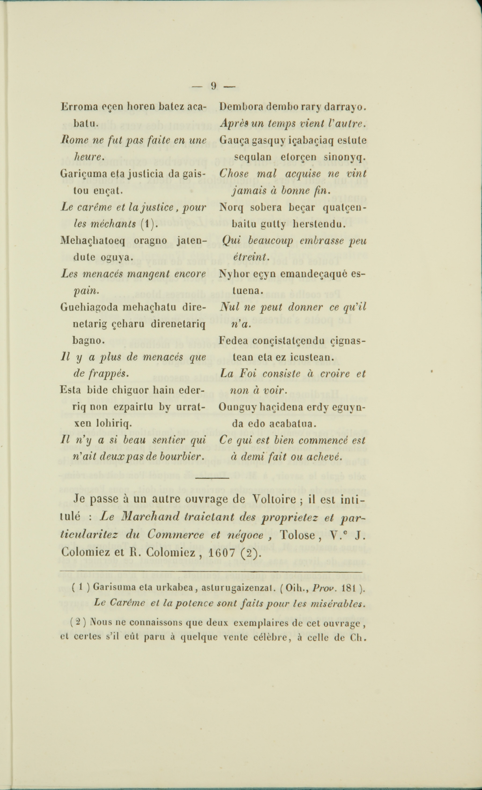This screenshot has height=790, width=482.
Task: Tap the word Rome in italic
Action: tap(70, 140)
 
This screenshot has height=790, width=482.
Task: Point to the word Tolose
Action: tap(298, 535)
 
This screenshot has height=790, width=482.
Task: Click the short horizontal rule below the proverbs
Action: tap(212, 478)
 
